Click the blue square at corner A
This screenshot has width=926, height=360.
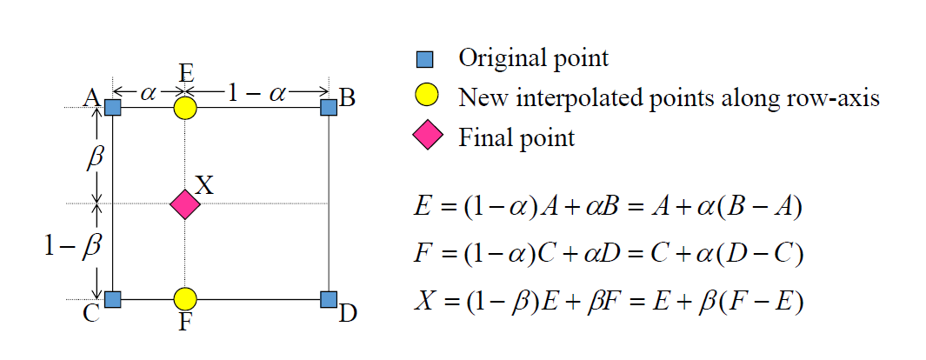pyautogui.click(x=113, y=108)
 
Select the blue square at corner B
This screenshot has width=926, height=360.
pyautogui.click(x=329, y=108)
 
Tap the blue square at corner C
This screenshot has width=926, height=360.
pyautogui.click(x=113, y=299)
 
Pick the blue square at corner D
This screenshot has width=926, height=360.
pyautogui.click(x=329, y=299)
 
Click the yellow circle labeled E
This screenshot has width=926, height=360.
pyautogui.click(x=185, y=108)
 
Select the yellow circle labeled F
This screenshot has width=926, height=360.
pyautogui.click(x=185, y=299)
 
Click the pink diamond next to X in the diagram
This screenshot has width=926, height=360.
pyautogui.click(x=185, y=204)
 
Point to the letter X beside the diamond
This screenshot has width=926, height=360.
pyautogui.click(x=204, y=185)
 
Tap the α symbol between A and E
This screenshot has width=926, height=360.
pyautogui.click(x=148, y=90)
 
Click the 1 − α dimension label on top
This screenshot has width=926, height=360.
pyautogui.click(x=256, y=90)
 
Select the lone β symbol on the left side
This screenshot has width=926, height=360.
pyautogui.click(x=97, y=158)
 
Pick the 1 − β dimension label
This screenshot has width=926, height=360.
pyautogui.click(x=74, y=247)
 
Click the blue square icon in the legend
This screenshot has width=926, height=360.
pyautogui.click(x=425, y=60)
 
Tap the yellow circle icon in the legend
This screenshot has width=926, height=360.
pyautogui.click(x=427, y=97)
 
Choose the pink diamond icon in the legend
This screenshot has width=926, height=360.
pyautogui.click(x=427, y=137)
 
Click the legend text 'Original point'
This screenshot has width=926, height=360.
pyautogui.click(x=533, y=59)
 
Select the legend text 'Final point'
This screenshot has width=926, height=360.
pyautogui.click(x=516, y=137)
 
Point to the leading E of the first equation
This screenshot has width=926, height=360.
pyautogui.click(x=423, y=208)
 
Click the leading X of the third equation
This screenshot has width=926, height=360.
pyautogui.click(x=424, y=300)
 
